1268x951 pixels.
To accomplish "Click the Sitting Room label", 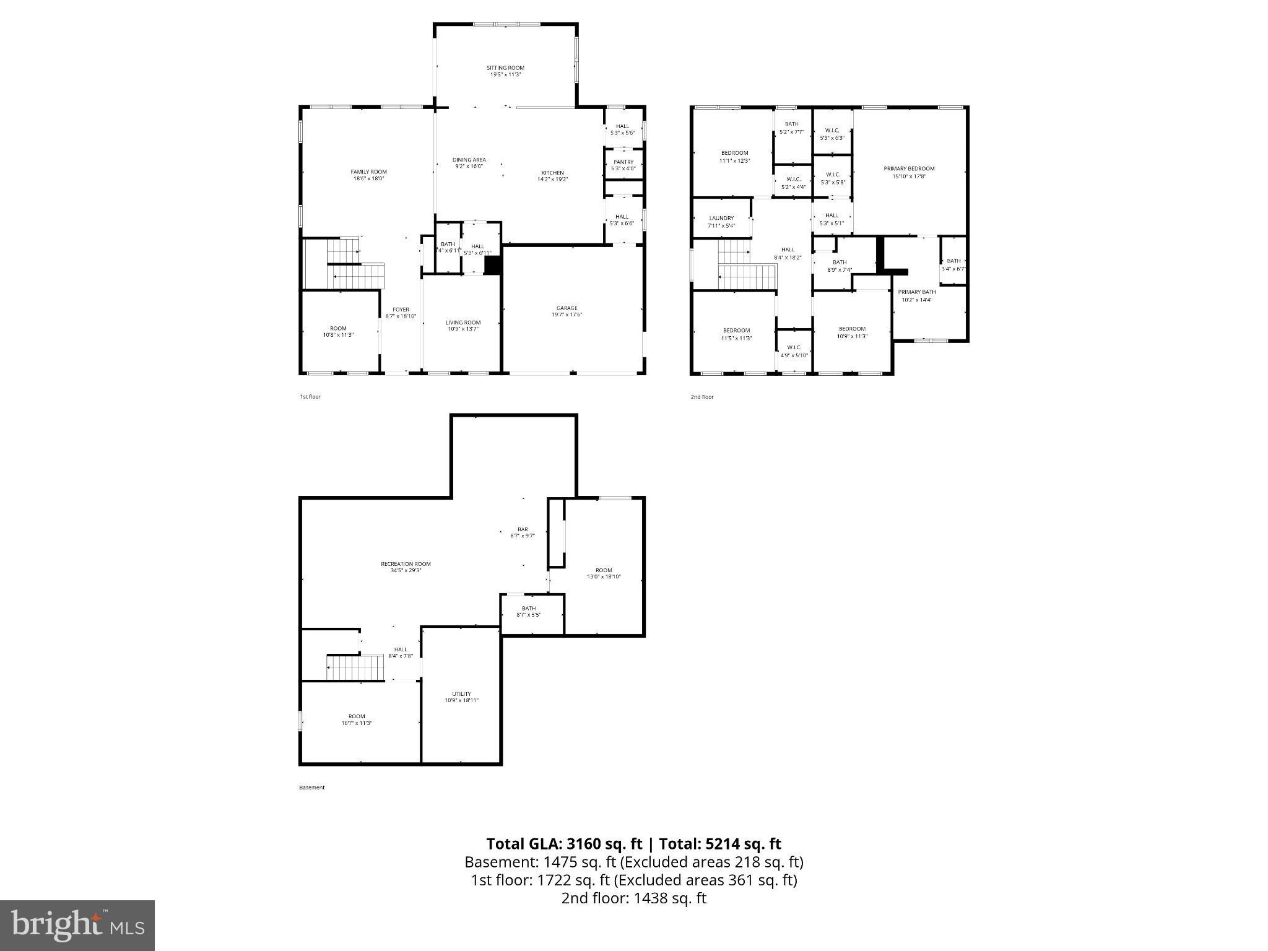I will pos(505,68).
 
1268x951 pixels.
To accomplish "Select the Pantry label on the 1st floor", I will pos(623,162).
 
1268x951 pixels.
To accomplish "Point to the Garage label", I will pos(567,308).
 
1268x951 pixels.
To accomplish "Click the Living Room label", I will pos(463,323).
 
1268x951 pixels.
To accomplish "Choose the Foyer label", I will pos(401,310).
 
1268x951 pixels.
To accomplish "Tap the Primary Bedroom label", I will pos(909,168).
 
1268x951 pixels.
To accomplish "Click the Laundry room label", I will pos(721,219).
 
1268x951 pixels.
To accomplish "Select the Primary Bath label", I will pos(917,292).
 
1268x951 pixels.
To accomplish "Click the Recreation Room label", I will pos(406,564).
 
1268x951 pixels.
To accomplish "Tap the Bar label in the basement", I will pos(523,529).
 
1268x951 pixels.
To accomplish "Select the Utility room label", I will pos(461,694).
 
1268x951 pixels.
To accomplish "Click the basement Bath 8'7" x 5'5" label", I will pos(529,608).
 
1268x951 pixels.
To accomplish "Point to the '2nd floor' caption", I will pos(702,397).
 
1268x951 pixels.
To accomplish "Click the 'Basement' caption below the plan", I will pos(311,788).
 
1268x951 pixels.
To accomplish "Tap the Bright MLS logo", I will pos(77,925).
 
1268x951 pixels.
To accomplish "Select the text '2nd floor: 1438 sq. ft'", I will pos(633,898).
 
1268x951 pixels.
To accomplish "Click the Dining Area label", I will pos(469,160).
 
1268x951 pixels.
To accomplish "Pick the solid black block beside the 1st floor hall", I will pos(492,265).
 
